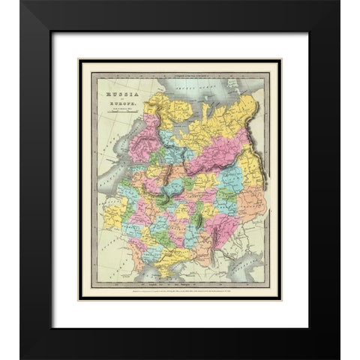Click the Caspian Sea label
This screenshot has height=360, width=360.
pyautogui.click(x=252, y=266)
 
